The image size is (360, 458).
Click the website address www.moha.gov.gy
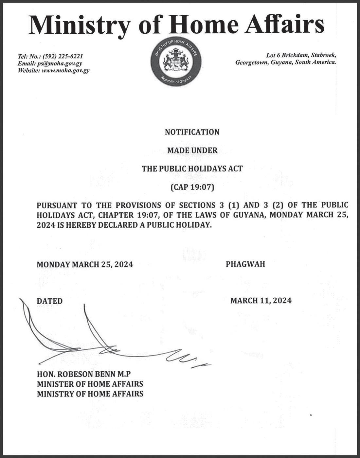pyautogui.click(x=66, y=70)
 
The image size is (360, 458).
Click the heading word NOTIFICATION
pyautogui.click(x=192, y=132)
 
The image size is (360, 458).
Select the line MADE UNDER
pyautogui.click(x=192, y=150)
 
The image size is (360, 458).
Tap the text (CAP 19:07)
pyautogui.click(x=192, y=188)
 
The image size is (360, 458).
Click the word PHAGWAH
pyautogui.click(x=245, y=264)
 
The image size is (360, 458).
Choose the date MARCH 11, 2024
pyautogui.click(x=261, y=300)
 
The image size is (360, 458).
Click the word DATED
pyautogui.click(x=49, y=301)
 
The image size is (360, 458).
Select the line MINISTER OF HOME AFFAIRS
pyautogui.click(x=90, y=384)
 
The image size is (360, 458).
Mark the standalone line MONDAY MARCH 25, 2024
pyautogui.click(x=85, y=264)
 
